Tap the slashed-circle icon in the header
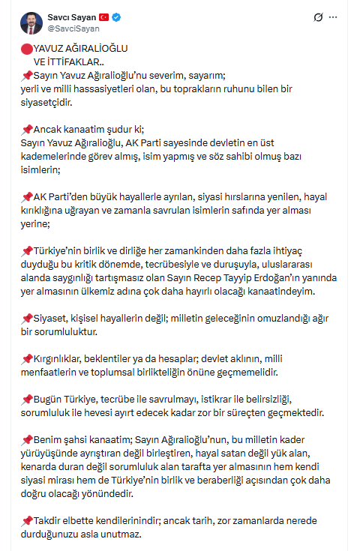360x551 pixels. pyautogui.click(x=319, y=16)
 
